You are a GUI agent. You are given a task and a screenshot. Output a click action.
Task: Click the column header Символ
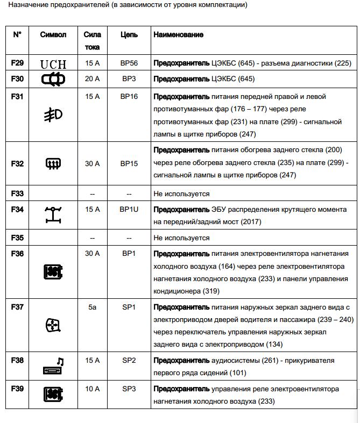[53, 35]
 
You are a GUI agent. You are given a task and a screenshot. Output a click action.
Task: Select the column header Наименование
[179, 35]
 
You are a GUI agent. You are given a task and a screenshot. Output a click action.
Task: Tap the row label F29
[17, 63]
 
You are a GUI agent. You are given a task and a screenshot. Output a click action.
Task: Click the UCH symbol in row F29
[53, 64]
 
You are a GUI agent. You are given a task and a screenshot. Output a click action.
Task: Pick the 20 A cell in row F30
[93, 79]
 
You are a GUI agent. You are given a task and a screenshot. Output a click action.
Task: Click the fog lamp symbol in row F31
[53, 114]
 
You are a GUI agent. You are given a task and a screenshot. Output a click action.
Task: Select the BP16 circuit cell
[129, 97]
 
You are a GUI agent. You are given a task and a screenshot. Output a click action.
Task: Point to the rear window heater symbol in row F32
[53, 163]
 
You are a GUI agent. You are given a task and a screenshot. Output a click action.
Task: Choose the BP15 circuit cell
[129, 163]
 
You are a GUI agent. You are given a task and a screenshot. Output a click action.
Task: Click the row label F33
[17, 193]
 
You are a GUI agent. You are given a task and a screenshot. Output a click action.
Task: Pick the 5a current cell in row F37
[93, 307]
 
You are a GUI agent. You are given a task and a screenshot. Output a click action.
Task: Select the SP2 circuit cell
[129, 360]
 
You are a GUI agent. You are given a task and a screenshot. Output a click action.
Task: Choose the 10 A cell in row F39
[93, 389]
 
